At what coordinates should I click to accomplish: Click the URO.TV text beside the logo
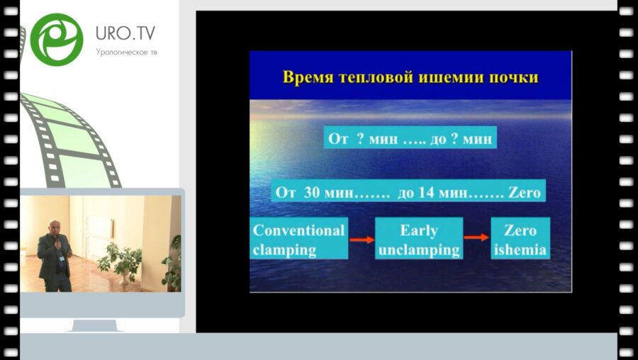(x=125, y=33)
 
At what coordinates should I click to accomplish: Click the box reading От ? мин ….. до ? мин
(x=410, y=137)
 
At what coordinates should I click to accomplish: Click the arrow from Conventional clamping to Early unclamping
(x=362, y=240)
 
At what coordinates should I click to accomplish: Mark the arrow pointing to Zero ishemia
(x=476, y=240)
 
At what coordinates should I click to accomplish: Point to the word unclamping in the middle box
(x=419, y=249)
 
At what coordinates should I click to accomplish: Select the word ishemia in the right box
(x=520, y=249)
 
